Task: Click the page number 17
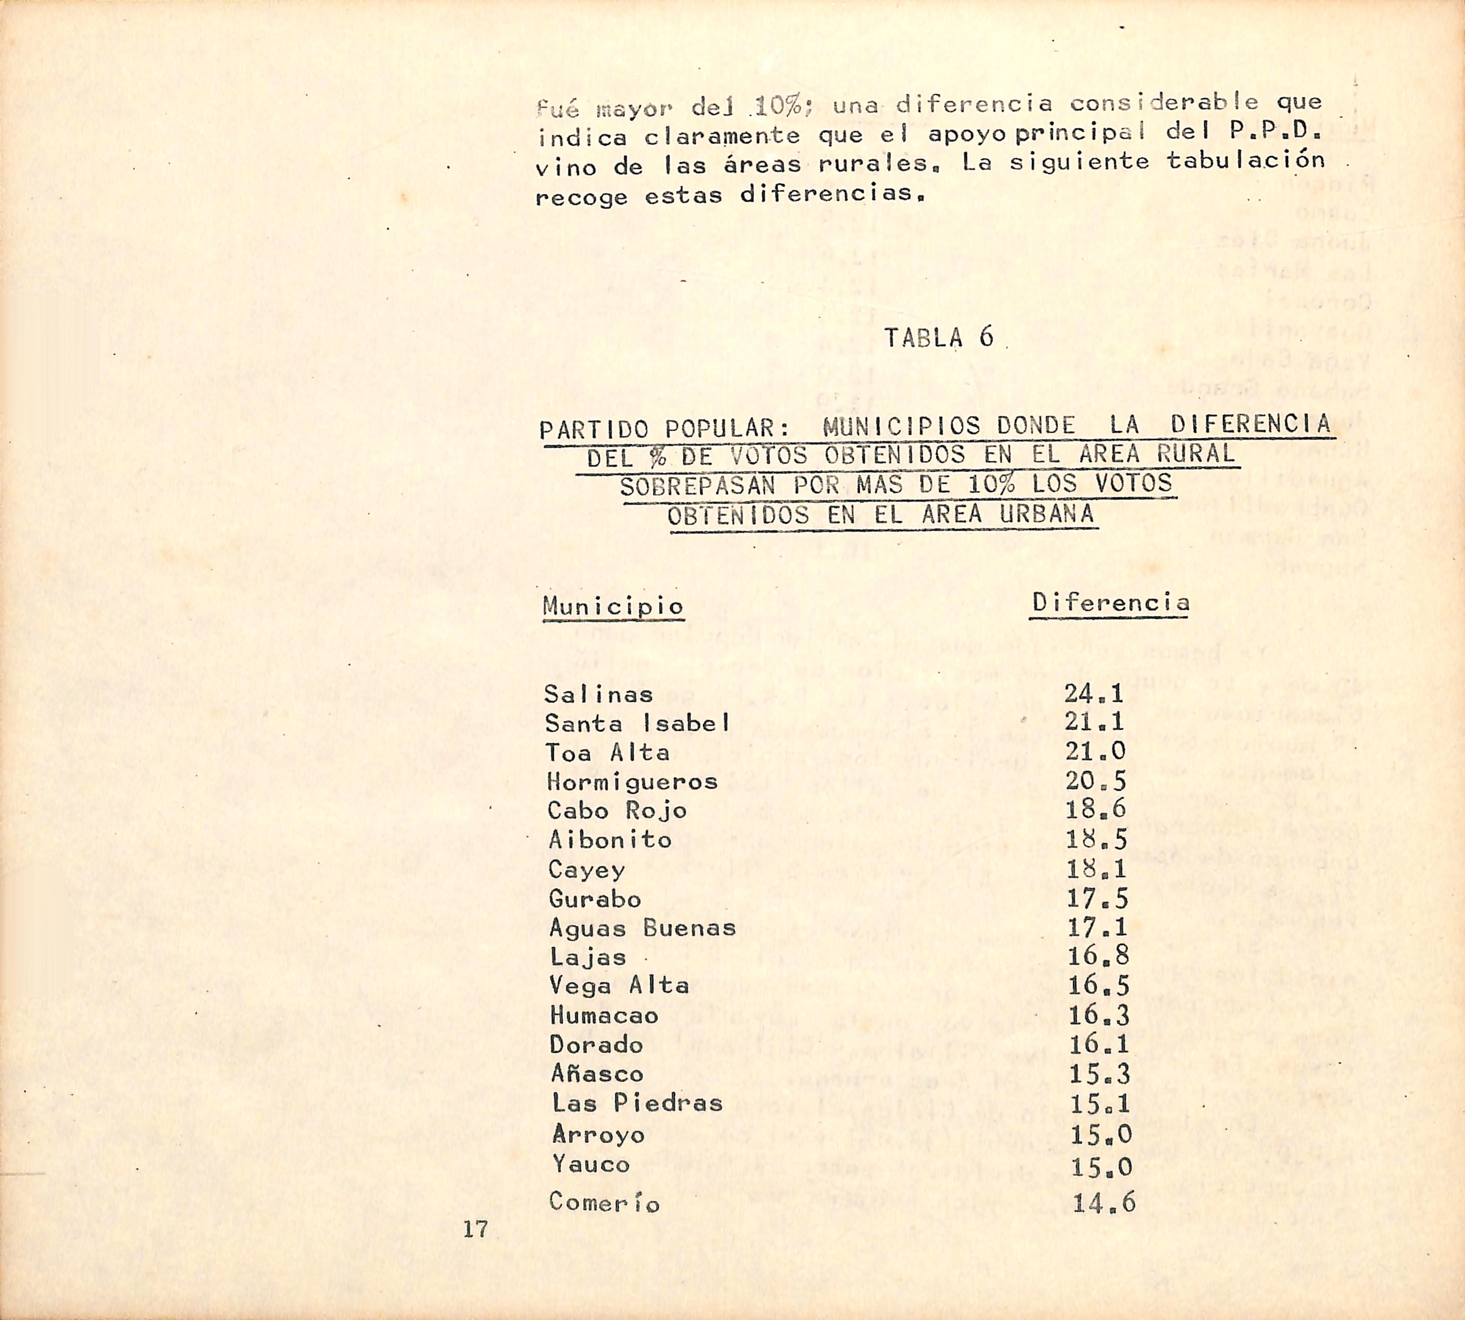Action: [476, 1228]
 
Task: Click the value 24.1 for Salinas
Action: [1094, 693]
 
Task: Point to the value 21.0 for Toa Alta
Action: [1095, 751]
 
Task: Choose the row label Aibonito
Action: [610, 840]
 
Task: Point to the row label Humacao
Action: [604, 1015]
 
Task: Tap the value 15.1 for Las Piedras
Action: [1100, 1103]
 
